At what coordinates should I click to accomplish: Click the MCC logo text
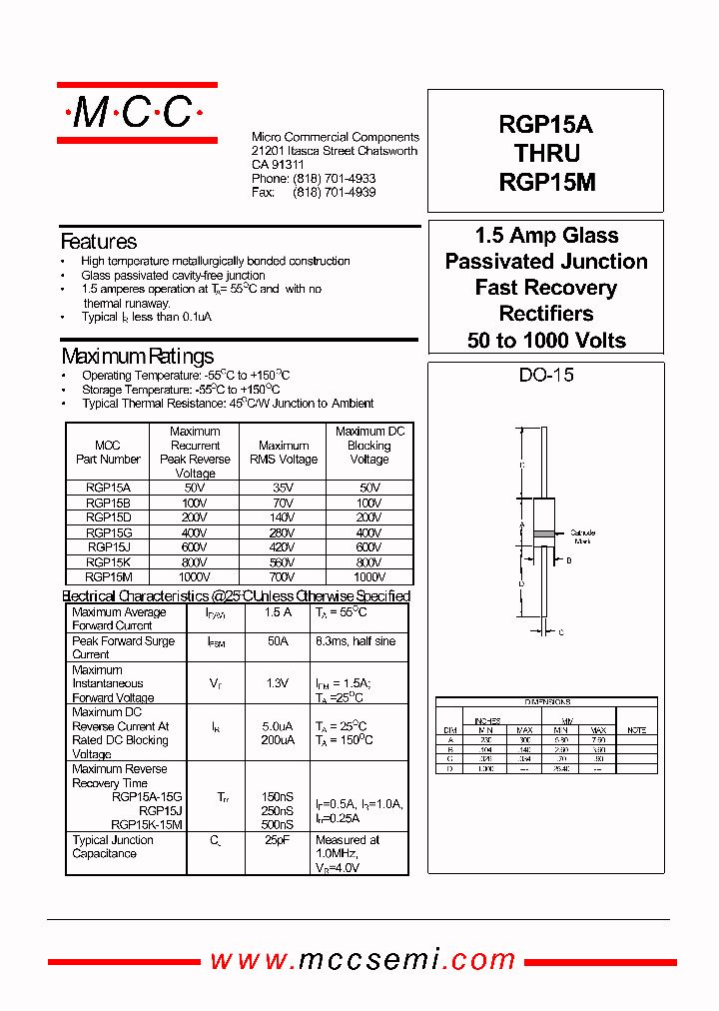[x=135, y=113]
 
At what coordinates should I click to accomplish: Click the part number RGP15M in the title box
[x=546, y=184]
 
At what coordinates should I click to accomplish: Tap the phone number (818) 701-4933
[x=335, y=179]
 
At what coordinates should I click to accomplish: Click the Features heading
[x=99, y=242]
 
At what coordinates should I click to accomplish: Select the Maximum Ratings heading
[x=137, y=357]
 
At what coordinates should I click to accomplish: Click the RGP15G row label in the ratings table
[x=108, y=532]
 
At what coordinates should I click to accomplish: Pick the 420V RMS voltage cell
[x=284, y=547]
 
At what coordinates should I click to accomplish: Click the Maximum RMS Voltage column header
[x=284, y=453]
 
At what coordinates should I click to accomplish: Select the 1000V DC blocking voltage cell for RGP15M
[x=368, y=577]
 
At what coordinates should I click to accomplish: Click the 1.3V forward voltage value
[x=278, y=683]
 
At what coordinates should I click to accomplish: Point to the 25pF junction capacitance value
[x=278, y=841]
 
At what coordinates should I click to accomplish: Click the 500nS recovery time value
[x=278, y=825]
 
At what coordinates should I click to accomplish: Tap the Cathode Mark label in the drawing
[x=583, y=536]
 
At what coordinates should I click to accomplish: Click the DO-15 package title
[x=546, y=376]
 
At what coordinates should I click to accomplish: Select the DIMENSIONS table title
[x=546, y=702]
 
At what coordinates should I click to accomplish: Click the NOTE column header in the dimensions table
[x=636, y=730]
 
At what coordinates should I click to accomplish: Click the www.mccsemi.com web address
[x=362, y=960]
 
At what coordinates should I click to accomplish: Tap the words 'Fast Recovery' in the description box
[x=546, y=288]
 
